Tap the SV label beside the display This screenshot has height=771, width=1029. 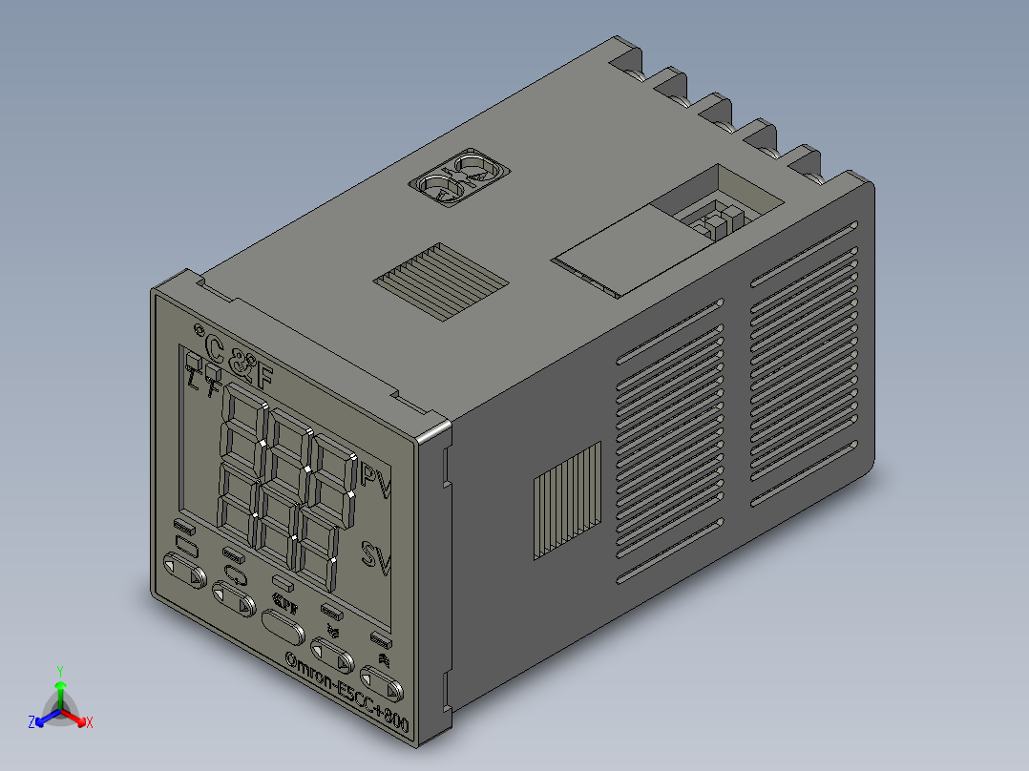click(x=376, y=556)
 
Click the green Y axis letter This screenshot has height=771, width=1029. click(x=59, y=671)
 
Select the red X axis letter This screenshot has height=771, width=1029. click(x=89, y=723)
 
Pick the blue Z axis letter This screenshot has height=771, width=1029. click(x=31, y=723)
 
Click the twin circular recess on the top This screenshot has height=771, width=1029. click(x=459, y=177)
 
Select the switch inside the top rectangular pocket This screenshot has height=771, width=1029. click(x=715, y=220)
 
